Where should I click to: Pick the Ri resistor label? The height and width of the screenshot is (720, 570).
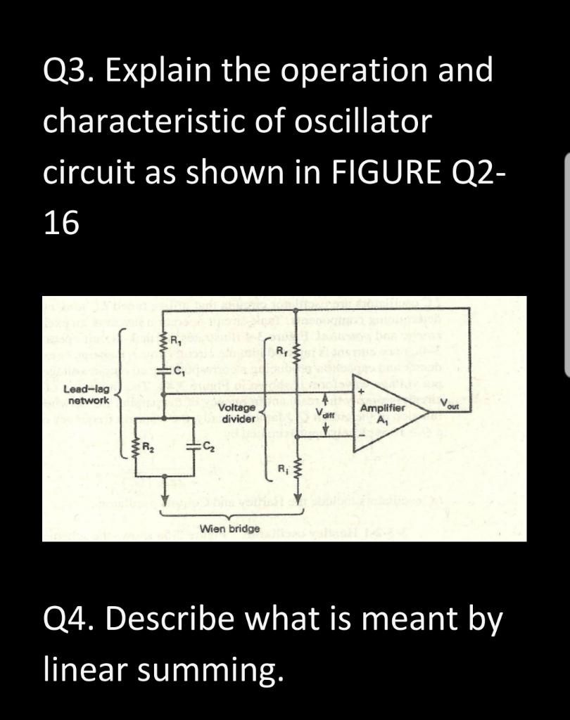click(282, 468)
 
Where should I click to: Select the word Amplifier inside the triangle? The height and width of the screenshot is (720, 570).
click(383, 408)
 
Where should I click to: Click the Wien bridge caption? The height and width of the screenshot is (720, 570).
click(230, 528)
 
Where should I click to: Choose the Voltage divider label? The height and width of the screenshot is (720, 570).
click(236, 413)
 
